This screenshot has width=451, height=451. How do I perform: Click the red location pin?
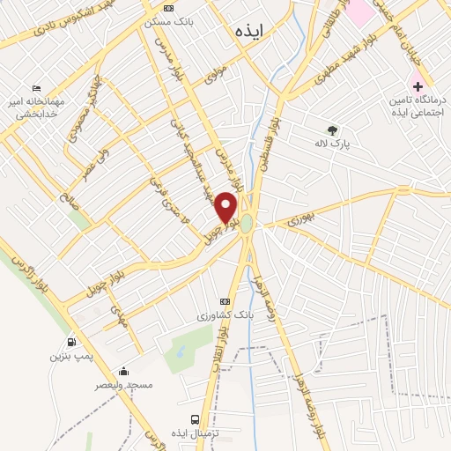[x=226, y=208]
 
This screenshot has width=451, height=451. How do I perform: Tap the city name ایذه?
[x=250, y=31]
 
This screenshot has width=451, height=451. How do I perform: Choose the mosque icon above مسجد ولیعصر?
[x=123, y=371]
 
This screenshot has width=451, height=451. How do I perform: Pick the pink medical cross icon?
[x=418, y=87]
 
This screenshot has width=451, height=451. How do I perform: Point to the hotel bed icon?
[x=35, y=89]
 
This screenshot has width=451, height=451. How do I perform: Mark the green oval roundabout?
[x=247, y=225]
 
